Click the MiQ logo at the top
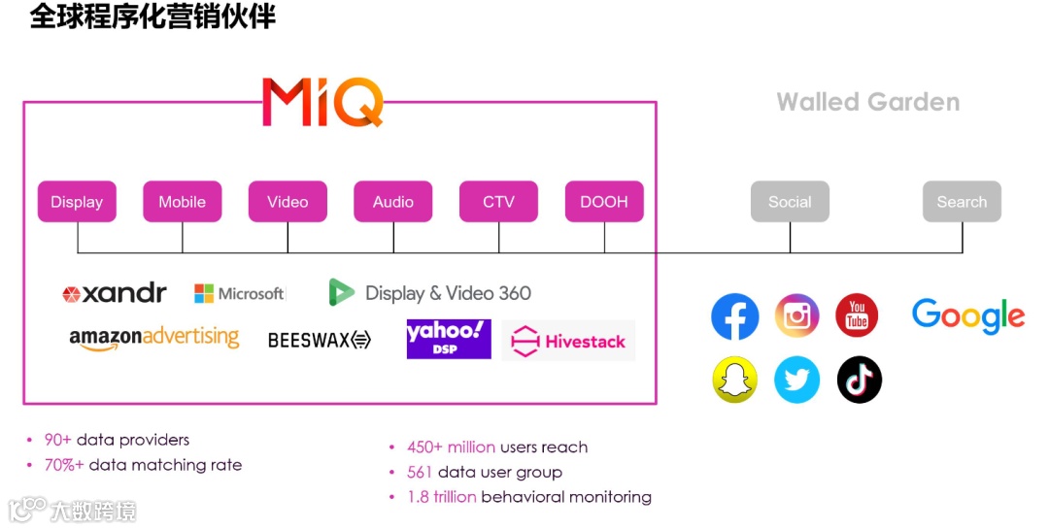coord(322,102)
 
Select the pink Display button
coord(77,202)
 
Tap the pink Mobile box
coord(183,202)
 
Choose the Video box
coord(288,202)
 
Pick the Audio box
coord(393,202)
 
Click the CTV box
coord(498,202)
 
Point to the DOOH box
coord(604,202)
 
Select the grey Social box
coord(790,202)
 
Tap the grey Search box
coord(962,202)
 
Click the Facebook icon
coord(735,316)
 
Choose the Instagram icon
coord(797,316)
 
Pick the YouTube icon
coord(858,316)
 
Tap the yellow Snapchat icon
coord(735,380)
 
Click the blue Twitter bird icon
coord(797,380)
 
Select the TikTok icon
coord(860,380)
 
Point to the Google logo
coord(967,316)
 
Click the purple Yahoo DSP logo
coord(449,339)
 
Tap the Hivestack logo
coord(569,342)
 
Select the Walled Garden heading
coord(867,102)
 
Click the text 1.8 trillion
coord(442,497)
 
